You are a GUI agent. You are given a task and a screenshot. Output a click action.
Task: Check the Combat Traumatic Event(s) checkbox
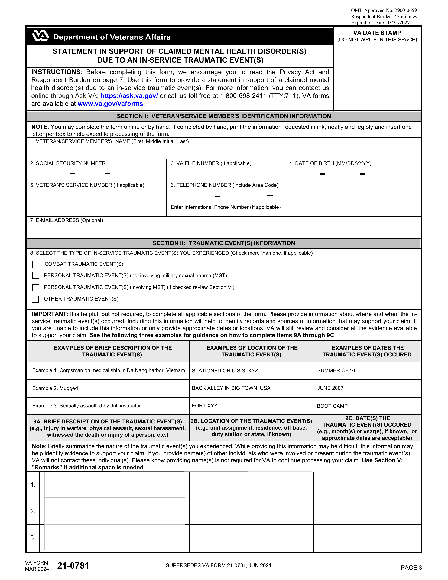(x=35, y=264)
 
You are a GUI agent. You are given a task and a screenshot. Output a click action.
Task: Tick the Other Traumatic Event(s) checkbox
(x=35, y=299)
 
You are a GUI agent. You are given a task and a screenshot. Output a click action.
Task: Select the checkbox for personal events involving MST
(x=35, y=287)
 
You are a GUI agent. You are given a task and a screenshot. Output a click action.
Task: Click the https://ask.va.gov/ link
(x=129, y=96)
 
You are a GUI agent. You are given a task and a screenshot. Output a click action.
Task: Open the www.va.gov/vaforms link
(x=110, y=104)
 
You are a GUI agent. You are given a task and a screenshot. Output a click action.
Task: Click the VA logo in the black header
(x=40, y=36)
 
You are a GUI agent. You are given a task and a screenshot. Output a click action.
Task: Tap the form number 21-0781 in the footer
(x=73, y=566)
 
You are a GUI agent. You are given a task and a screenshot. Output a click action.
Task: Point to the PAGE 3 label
(x=411, y=568)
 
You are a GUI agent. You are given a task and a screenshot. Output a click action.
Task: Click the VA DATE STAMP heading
(x=377, y=33)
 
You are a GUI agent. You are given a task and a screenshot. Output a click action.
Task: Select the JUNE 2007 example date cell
(x=330, y=388)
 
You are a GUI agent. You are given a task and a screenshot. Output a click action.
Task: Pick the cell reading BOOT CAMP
(x=332, y=406)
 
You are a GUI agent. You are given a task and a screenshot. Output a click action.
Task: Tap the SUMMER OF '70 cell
(x=337, y=371)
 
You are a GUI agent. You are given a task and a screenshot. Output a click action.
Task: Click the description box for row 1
(x=114, y=485)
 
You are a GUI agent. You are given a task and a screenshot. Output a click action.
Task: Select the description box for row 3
(x=114, y=537)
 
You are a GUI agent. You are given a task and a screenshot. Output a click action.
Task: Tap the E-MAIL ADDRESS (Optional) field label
(x=67, y=220)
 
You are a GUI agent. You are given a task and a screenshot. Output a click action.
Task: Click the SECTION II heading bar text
(x=224, y=243)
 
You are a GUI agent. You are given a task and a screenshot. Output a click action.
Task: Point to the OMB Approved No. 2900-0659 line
(x=384, y=10)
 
